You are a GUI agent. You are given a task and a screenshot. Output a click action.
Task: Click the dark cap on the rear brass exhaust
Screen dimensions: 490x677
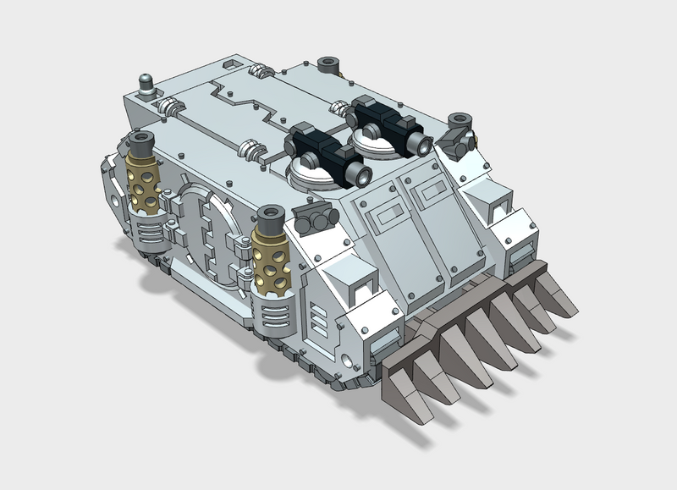141,140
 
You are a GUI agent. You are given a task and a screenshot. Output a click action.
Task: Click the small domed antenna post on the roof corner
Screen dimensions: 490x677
146,85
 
